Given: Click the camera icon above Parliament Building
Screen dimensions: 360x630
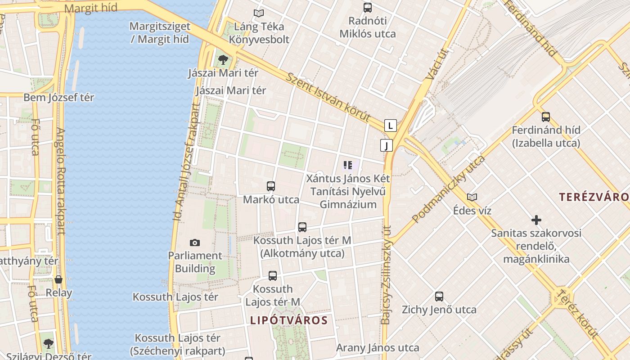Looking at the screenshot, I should point(194,243).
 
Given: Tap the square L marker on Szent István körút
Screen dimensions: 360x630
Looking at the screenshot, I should point(391,125).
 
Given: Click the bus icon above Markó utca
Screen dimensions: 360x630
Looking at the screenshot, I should point(271,186).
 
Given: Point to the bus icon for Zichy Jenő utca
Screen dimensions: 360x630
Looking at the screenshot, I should point(439,297).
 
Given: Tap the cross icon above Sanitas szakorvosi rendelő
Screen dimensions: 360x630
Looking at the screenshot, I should point(536,220).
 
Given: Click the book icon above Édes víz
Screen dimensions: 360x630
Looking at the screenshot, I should point(472,197).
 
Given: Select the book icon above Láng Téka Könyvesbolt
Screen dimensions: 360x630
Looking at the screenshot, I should point(258,13).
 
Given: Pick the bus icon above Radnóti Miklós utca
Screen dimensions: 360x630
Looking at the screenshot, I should point(368,7).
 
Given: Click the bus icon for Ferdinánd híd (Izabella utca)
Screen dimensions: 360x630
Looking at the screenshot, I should point(546,117).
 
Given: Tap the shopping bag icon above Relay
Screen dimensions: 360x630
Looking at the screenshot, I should point(58,279).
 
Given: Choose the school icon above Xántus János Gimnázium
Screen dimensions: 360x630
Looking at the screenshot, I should point(347,165).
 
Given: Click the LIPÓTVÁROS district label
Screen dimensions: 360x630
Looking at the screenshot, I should point(288,320).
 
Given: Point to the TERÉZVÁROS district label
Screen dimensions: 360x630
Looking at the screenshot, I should point(594,197).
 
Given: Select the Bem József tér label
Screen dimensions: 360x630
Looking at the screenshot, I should point(58,97).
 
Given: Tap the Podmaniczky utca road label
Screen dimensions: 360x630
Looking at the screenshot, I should point(448,189).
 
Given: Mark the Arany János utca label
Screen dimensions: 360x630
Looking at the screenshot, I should point(378,347).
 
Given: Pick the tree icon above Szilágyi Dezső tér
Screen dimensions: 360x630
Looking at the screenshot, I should point(49,343).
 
